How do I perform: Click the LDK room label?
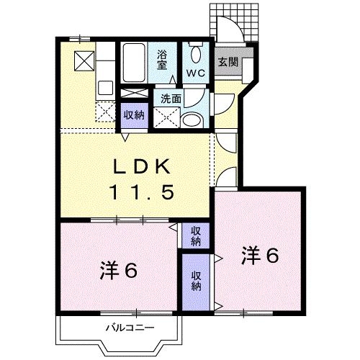[142, 166]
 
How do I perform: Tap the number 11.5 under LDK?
[142, 193]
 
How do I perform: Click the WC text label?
[196, 73]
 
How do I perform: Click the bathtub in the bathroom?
[134, 63]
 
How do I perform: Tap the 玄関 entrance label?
[228, 62]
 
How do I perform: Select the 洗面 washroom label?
[171, 99]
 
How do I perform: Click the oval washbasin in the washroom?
[192, 120]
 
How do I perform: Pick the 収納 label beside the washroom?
[134, 115]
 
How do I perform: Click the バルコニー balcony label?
[130, 328]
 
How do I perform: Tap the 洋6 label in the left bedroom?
[118, 271]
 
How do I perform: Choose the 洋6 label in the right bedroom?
[260, 256]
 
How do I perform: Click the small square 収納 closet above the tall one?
[196, 236]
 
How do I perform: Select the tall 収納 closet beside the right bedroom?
[196, 282]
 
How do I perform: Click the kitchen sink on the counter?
[105, 88]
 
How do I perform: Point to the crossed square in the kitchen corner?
[84, 61]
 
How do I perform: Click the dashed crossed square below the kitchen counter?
[106, 112]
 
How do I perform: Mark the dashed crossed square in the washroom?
[166, 117]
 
